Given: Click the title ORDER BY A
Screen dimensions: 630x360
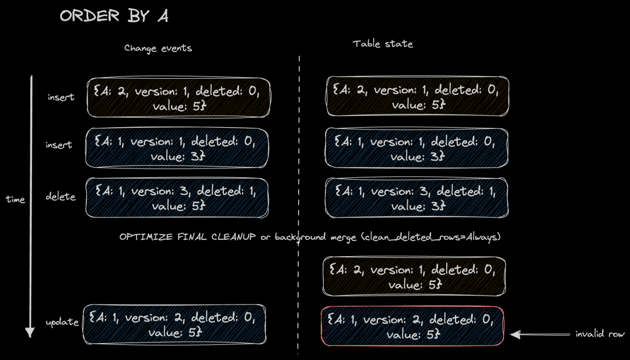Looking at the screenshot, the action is click(x=114, y=16).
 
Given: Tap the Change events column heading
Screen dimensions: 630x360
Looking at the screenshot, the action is click(x=157, y=48).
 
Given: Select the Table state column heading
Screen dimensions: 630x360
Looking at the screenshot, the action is click(x=383, y=44).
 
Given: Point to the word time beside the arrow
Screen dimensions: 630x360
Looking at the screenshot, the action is click(x=15, y=200).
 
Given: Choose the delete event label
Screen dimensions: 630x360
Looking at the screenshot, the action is click(x=61, y=197).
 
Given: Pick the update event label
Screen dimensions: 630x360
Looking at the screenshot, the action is click(x=62, y=322).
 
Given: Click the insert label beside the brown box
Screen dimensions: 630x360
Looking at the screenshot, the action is click(x=61, y=97).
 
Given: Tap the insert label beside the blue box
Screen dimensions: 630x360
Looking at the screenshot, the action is click(x=59, y=145).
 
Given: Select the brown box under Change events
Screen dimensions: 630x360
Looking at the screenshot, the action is click(x=179, y=97).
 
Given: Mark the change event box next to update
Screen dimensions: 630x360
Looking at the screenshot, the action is click(x=174, y=324).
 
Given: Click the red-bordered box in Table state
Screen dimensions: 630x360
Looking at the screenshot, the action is click(x=412, y=326).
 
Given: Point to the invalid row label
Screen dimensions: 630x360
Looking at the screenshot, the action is click(x=600, y=334).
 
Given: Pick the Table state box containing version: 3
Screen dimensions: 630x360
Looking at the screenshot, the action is click(x=416, y=198).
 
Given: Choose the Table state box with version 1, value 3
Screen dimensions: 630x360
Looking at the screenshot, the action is click(x=416, y=148).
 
